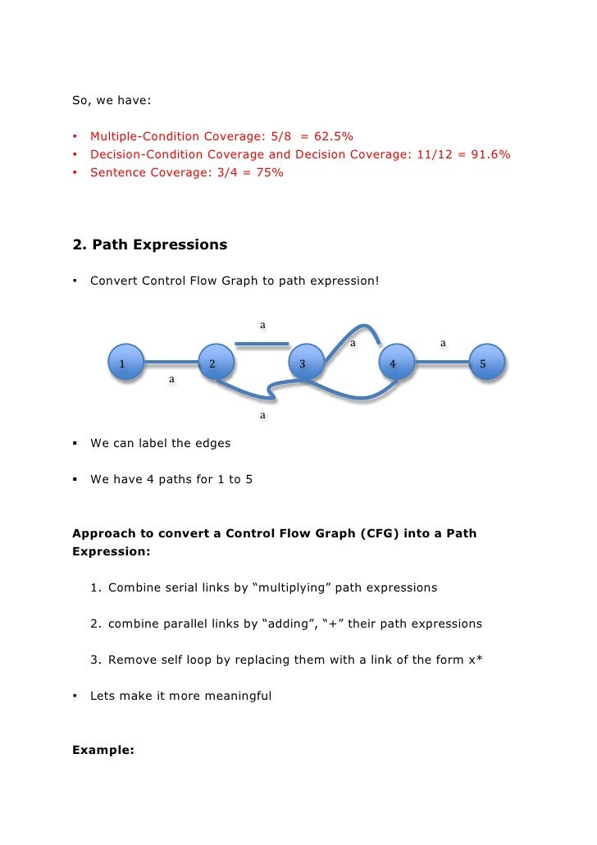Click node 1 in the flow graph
(x=121, y=363)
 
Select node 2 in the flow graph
(x=212, y=363)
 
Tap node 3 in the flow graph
(x=303, y=363)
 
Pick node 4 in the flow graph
(x=393, y=363)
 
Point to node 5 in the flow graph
(x=483, y=363)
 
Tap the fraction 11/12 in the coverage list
(x=434, y=154)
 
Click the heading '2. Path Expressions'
(x=150, y=244)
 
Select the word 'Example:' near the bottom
(x=103, y=749)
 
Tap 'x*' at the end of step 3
(x=474, y=660)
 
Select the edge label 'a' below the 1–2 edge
(x=171, y=380)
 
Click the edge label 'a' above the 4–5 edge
(x=443, y=343)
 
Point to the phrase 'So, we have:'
(x=112, y=102)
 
